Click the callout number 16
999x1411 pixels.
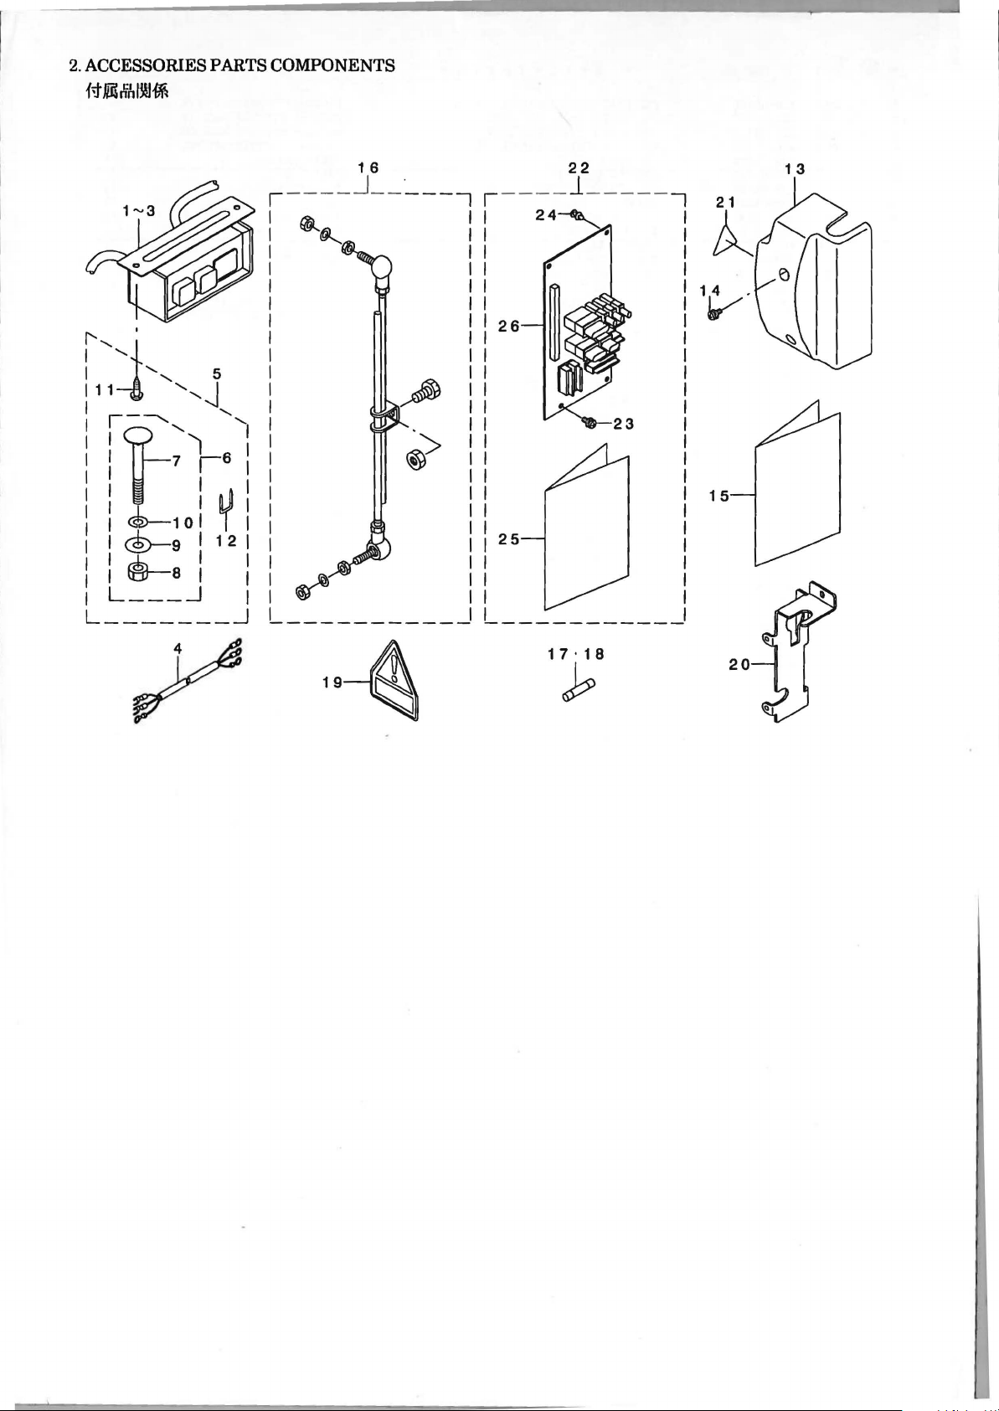(x=368, y=167)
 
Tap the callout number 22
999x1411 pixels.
(x=579, y=167)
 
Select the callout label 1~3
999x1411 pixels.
(x=139, y=211)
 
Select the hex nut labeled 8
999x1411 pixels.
(x=137, y=572)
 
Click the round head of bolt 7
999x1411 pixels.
(x=137, y=435)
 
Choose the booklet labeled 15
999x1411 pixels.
(x=797, y=482)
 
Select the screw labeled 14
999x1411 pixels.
(x=715, y=312)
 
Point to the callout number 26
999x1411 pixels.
(x=509, y=326)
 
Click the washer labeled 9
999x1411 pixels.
(x=137, y=543)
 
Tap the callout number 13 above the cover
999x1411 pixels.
(x=795, y=169)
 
